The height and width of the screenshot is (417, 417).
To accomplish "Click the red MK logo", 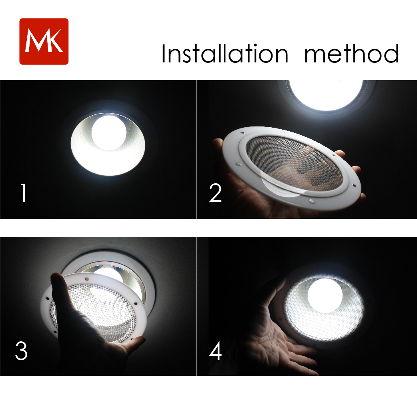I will pos(44,41).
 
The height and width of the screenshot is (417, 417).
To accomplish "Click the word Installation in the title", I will pos(224,54).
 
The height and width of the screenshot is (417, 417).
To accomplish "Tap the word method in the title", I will pos(351,54).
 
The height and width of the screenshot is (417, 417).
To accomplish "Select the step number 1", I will pos(24,193).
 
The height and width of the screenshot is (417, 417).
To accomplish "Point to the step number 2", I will pos(215,193).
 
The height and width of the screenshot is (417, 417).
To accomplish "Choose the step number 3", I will pos(21,351).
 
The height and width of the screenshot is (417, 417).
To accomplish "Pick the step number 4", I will pos(215,351).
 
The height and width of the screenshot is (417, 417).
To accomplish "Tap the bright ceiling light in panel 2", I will pos(326,94).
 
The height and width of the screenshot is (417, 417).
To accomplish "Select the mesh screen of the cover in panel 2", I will pos(296,164).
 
